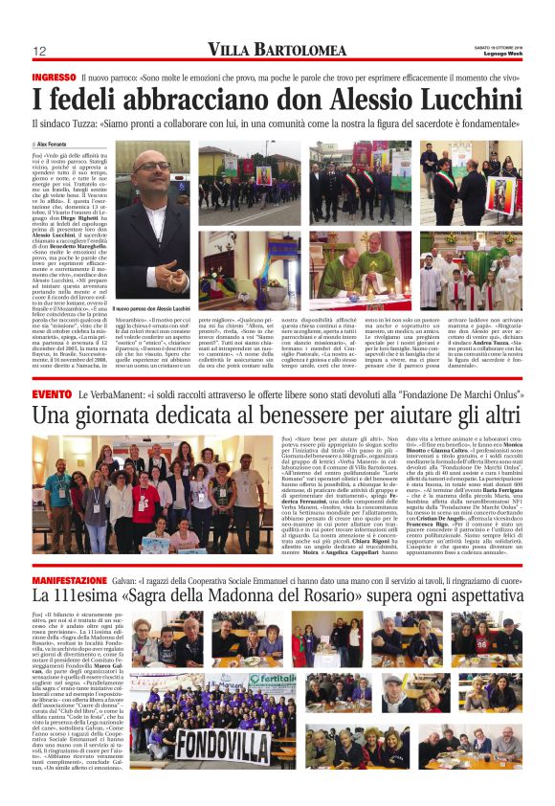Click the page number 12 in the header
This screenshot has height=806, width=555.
(40, 51)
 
